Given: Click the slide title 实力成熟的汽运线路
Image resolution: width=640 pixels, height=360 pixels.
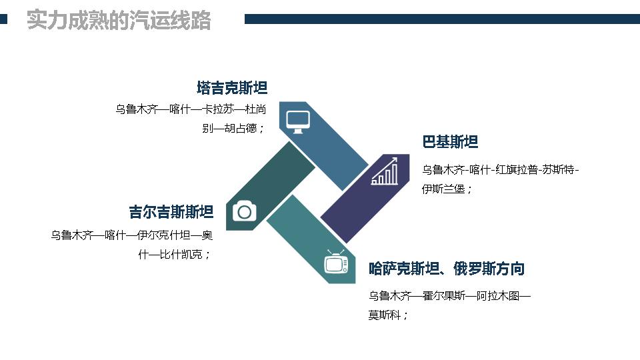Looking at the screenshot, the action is (x=119, y=20).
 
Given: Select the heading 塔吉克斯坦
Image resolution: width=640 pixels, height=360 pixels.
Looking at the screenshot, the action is (x=232, y=88).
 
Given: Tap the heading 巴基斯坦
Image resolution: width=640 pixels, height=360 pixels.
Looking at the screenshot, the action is (x=450, y=141).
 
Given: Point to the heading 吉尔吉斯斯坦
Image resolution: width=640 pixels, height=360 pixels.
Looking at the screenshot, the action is (x=171, y=212).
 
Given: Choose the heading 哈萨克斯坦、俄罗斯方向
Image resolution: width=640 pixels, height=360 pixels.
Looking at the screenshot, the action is (x=447, y=269).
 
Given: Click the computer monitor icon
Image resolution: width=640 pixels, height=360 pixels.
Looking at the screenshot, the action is (x=298, y=121).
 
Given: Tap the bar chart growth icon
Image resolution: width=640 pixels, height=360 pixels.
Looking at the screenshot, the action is (x=385, y=171).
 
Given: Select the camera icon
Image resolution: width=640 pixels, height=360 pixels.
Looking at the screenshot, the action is (x=245, y=211).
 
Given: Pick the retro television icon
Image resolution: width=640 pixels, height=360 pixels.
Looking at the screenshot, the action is (x=336, y=262).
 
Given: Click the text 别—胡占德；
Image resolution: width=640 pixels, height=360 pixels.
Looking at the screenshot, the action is (x=234, y=129).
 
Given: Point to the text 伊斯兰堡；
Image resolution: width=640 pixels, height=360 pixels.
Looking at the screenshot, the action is (x=447, y=189).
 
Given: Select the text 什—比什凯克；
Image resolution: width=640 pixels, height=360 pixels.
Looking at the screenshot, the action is (x=174, y=255).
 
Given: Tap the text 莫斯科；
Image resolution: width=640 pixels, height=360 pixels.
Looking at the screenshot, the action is (x=388, y=315).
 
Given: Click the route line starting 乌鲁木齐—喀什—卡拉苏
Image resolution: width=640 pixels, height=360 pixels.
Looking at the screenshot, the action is (x=191, y=109).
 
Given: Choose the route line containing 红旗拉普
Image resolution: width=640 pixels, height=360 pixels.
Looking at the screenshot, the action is (x=501, y=169).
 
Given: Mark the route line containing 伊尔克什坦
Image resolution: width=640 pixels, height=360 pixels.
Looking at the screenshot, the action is (x=132, y=235).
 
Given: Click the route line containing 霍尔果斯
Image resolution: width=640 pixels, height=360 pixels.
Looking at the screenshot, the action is (x=449, y=295).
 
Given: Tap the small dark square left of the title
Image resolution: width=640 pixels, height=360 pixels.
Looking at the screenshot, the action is (x=4, y=19).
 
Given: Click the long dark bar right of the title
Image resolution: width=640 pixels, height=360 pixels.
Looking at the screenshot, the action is (x=442, y=19).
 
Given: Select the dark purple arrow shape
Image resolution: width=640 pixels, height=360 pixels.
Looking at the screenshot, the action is (x=365, y=199).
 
